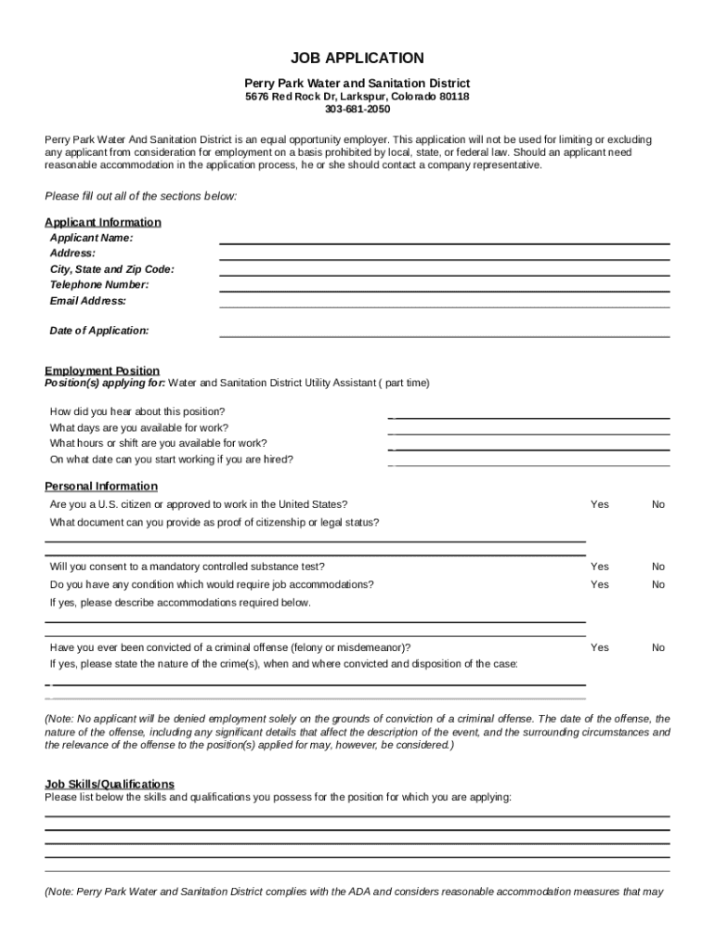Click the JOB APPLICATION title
point(357,58)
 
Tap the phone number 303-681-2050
point(357,110)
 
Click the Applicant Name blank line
point(444,243)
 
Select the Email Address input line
point(444,306)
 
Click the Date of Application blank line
point(444,335)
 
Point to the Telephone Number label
point(98,285)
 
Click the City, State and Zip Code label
point(111,269)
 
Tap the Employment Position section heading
point(102,371)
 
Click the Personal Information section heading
point(101,487)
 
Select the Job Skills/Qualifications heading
point(110,785)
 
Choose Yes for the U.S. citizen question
point(600,504)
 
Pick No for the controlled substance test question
point(658,567)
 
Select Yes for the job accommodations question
point(600,585)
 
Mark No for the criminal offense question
point(658,647)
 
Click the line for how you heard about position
point(529,418)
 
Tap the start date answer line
point(529,464)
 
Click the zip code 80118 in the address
point(454,97)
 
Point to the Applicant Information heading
point(103,223)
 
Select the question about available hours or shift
point(158,443)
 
